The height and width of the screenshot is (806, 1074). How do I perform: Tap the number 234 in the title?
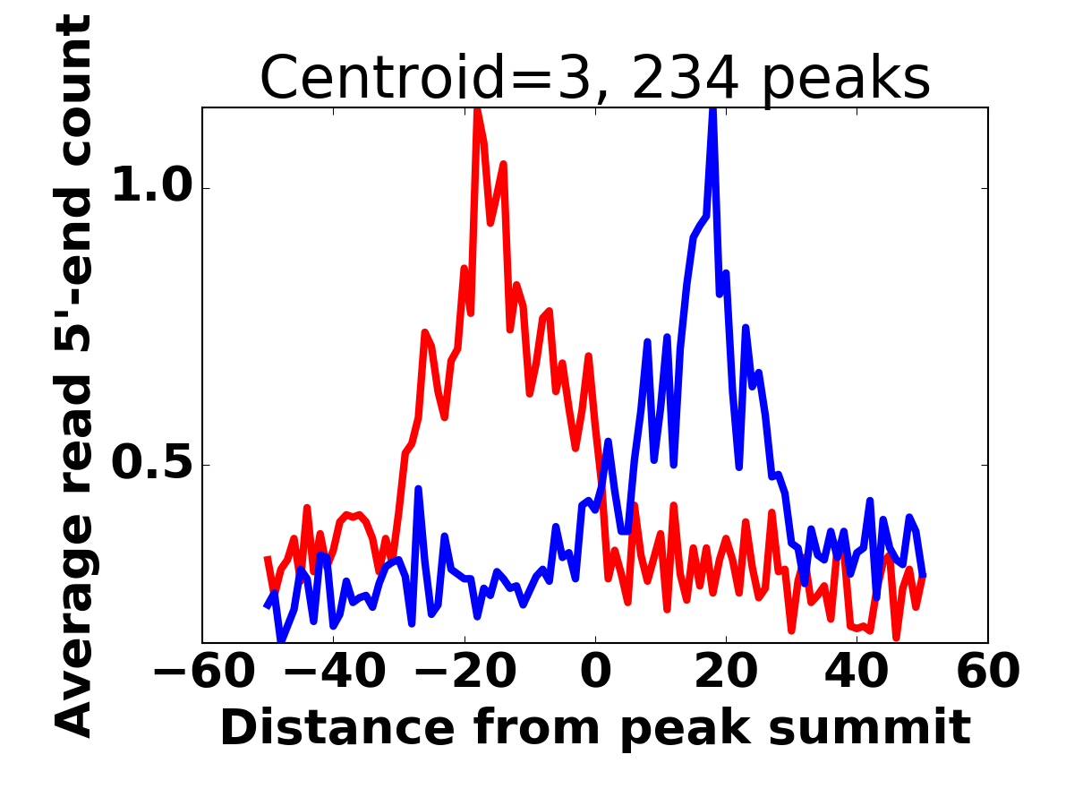685,79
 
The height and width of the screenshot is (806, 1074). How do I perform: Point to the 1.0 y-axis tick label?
148,188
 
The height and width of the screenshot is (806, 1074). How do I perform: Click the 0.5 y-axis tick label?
148,465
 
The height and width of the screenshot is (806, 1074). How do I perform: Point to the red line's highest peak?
477,110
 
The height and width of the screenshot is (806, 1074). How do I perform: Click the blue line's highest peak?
712,110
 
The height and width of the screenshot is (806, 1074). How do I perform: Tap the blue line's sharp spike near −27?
418,489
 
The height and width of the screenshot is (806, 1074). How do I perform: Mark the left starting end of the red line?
267,557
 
